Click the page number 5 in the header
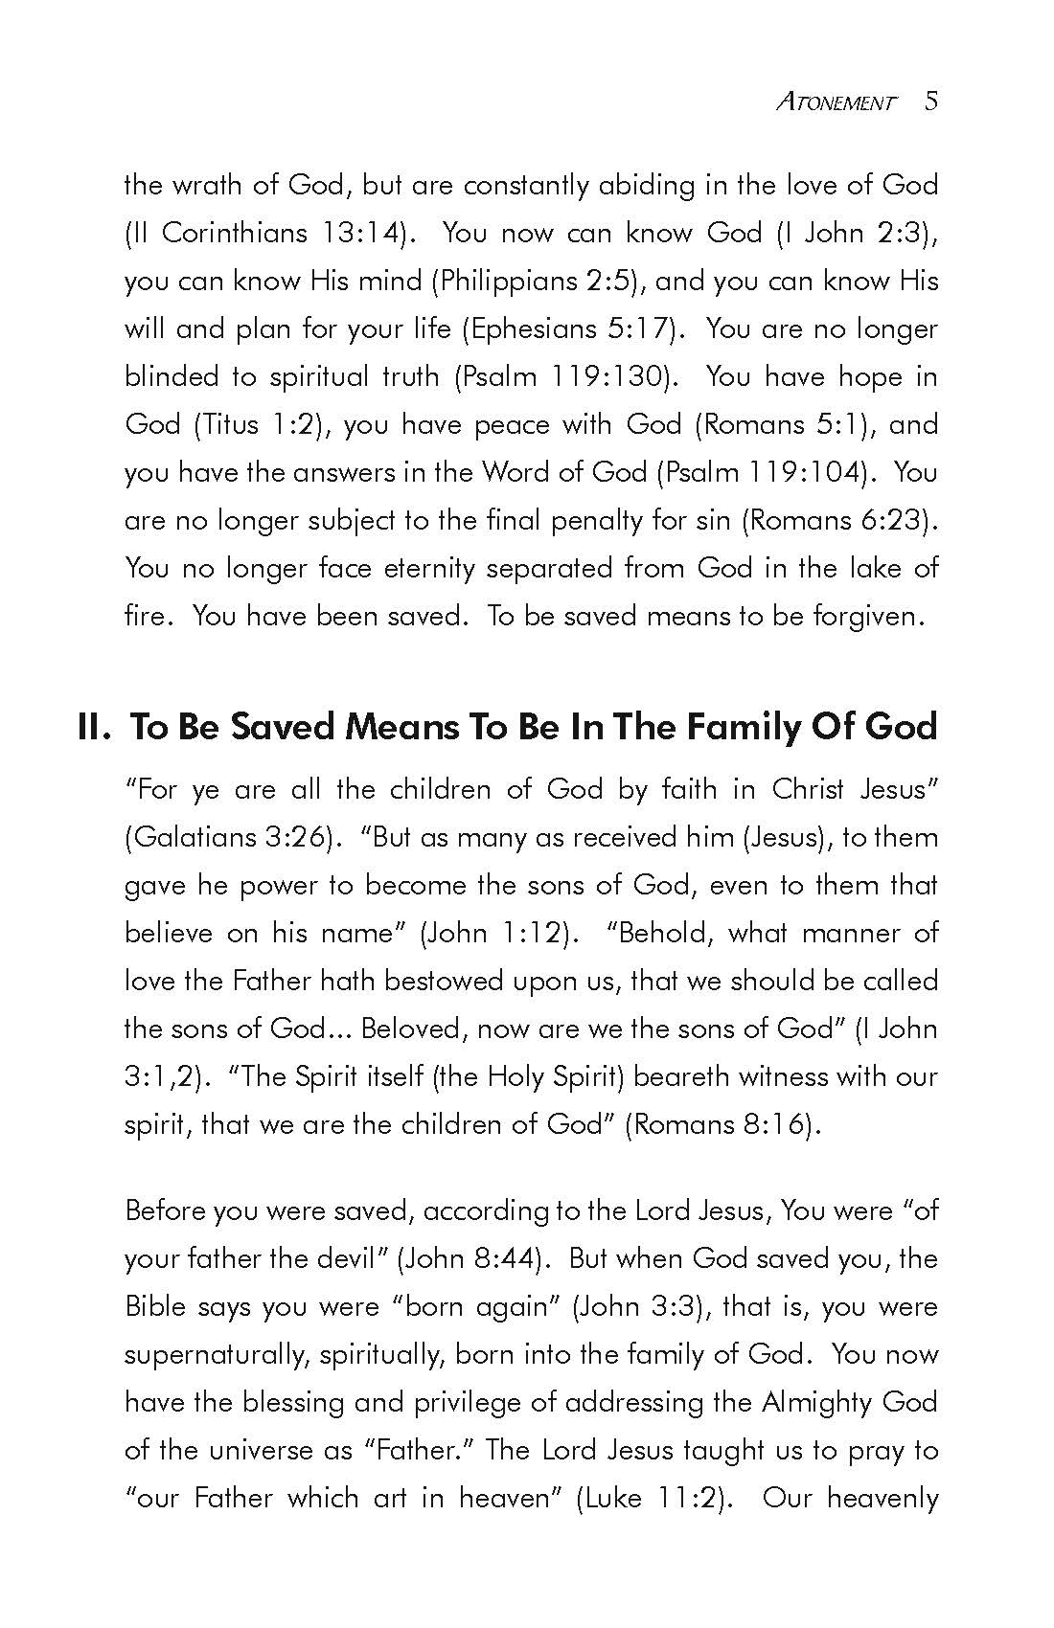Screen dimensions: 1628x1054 pyautogui.click(x=931, y=102)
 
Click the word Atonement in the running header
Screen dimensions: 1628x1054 pyautogui.click(x=836, y=102)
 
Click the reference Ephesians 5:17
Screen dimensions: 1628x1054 pyautogui.click(x=571, y=328)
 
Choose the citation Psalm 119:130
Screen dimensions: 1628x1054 pyautogui.click(x=561, y=376)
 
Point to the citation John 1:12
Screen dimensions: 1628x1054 pyautogui.click(x=493, y=934)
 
